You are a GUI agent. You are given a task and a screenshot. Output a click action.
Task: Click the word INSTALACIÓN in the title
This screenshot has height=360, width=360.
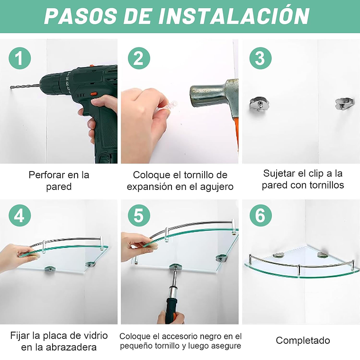pyautogui.click(x=234, y=16)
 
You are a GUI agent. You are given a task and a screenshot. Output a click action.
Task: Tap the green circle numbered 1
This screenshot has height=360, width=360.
pyautogui.click(x=20, y=58)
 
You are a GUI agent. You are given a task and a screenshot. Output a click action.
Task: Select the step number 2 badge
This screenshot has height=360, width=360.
pyautogui.click(x=139, y=58)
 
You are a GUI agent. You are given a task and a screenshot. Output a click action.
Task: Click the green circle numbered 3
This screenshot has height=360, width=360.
pyautogui.click(x=260, y=58)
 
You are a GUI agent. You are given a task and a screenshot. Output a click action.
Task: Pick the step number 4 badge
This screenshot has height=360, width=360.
pyautogui.click(x=20, y=216)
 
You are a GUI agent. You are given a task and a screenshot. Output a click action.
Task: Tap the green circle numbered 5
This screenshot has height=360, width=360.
pyautogui.click(x=139, y=216)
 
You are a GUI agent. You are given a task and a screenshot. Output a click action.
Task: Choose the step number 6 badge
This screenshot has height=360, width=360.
pyautogui.click(x=260, y=216)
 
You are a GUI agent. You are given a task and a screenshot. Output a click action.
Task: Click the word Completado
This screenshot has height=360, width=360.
pyautogui.click(x=303, y=340)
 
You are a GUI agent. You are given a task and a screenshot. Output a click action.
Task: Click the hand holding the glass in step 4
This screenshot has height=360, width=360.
pyautogui.click(x=17, y=256)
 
